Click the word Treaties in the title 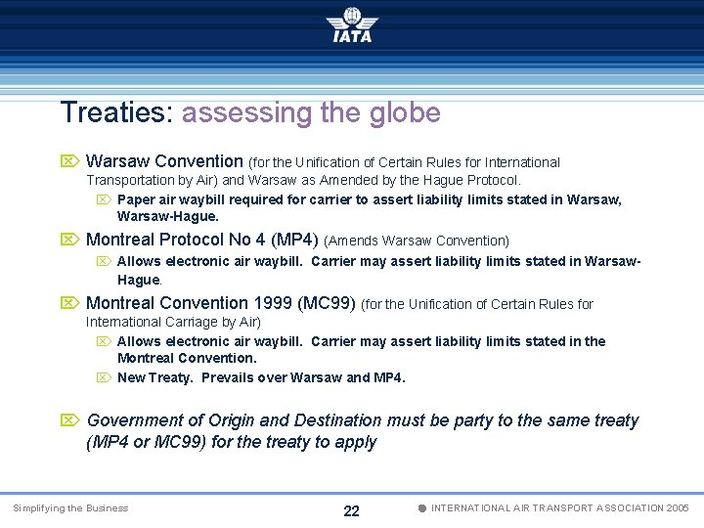pyautogui.click(x=116, y=113)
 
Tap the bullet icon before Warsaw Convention pyautogui.click(x=69, y=161)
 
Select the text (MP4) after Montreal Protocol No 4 pyautogui.click(x=294, y=240)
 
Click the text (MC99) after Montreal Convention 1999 pyautogui.click(x=330, y=303)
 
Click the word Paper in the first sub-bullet pyautogui.click(x=136, y=199)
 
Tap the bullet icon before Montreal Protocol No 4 pyautogui.click(x=69, y=240)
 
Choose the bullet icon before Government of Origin pyautogui.click(x=69, y=420)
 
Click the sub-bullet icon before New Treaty pyautogui.click(x=104, y=377)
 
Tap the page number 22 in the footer pyautogui.click(x=352, y=511)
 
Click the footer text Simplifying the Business pyautogui.click(x=69, y=508)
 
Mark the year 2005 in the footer pyautogui.click(x=676, y=508)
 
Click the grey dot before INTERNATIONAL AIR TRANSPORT pyautogui.click(x=421, y=508)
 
